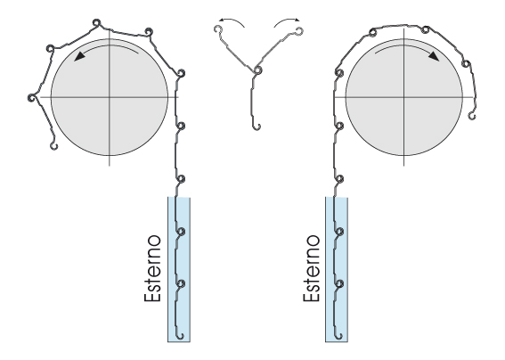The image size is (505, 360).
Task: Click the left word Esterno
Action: click(152, 268)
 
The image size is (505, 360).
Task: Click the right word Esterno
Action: click(312, 268)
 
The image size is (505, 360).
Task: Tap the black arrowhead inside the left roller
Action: click(79, 56)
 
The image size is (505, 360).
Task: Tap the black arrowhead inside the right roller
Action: click(434, 56)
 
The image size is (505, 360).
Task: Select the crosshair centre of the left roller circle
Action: click(110, 97)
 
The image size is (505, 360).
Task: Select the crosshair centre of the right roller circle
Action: click(403, 97)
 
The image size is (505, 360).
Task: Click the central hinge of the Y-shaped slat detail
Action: click(257, 70)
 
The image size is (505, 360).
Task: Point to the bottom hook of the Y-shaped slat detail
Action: click(257, 127)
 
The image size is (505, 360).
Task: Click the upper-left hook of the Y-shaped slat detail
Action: click(218, 29)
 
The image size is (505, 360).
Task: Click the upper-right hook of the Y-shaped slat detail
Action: click(299, 31)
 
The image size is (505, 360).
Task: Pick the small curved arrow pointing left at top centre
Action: click(231, 21)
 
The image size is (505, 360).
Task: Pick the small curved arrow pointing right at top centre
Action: click(288, 21)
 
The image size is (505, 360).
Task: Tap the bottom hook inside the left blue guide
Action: click(180, 336)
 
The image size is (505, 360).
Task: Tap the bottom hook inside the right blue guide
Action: click(338, 336)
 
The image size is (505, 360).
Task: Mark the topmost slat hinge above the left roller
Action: click(96, 23)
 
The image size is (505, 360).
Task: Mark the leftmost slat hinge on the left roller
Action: click(31, 98)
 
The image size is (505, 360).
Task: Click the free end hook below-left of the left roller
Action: click(53, 146)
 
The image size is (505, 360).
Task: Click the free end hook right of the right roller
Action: click(472, 115)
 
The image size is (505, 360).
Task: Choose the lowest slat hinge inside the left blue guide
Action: click(181, 283)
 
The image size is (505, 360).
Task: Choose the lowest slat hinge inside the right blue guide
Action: click(339, 283)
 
